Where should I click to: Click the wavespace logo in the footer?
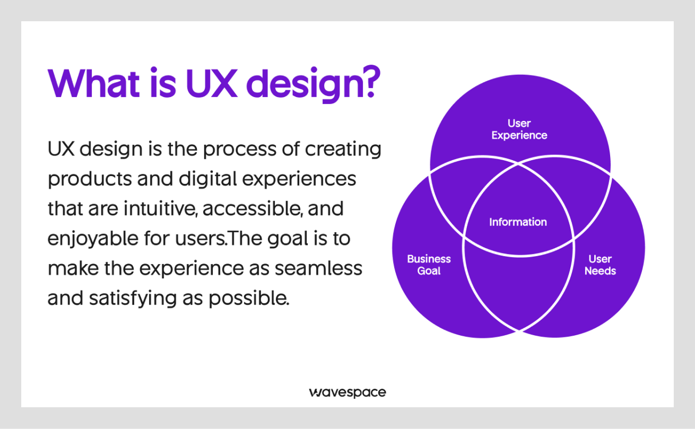click(347, 393)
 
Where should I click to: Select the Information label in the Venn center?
click(518, 222)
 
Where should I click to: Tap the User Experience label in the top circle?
click(519, 129)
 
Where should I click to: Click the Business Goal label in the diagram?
click(429, 265)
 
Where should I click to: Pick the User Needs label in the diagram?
click(600, 265)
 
